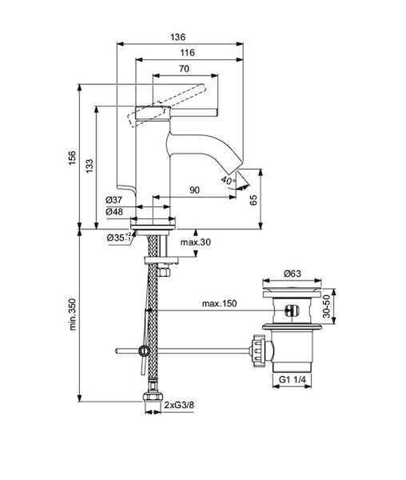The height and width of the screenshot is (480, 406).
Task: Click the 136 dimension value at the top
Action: [x=178, y=38]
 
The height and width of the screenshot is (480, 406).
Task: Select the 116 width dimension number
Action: [x=187, y=53]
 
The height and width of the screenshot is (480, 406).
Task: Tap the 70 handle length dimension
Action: [x=184, y=69]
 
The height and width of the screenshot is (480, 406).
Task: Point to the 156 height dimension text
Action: [x=72, y=158]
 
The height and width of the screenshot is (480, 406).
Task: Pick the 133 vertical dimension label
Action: [x=90, y=166]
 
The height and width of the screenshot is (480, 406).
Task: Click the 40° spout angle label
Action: [x=229, y=180]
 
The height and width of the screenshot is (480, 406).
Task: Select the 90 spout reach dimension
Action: [x=194, y=190]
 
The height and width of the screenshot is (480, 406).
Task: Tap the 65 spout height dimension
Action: [x=253, y=199]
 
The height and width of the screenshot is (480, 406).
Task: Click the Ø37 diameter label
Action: [x=114, y=200]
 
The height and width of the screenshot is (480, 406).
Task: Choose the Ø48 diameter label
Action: [x=114, y=211]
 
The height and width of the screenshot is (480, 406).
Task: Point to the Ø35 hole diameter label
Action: [x=118, y=238]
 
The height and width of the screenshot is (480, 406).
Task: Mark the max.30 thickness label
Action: [x=195, y=242]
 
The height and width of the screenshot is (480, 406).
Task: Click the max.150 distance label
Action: [x=219, y=303]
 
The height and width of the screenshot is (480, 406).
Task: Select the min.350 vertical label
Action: [x=73, y=314]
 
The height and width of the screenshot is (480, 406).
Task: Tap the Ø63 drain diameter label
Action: [x=293, y=273]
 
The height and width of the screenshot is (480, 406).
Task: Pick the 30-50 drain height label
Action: [x=327, y=306]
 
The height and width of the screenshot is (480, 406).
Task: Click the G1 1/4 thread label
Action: [x=293, y=379]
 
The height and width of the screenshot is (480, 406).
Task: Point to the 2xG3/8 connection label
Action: [x=179, y=405]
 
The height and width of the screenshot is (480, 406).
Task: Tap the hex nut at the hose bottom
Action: [x=153, y=397]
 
